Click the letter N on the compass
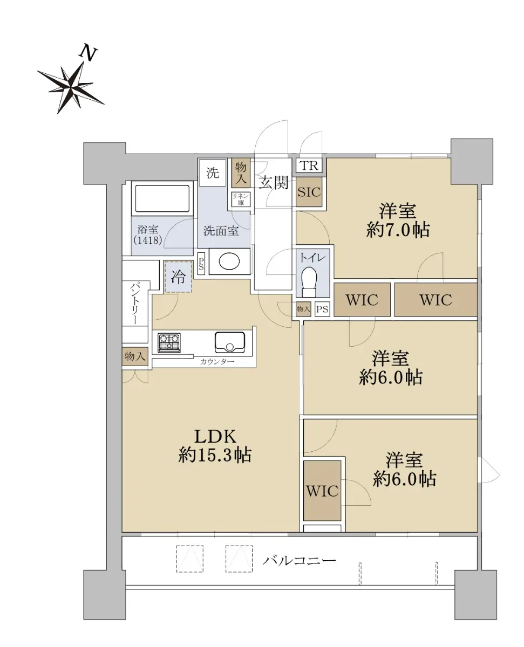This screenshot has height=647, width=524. point(87,53)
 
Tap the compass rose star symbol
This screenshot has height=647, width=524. point(71,87)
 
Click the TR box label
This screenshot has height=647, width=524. point(309,166)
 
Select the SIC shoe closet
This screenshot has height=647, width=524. point(309,192)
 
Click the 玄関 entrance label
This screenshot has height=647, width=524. point(273,183)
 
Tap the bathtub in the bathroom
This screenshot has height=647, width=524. point(162,198)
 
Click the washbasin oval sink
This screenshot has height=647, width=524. point(229,261)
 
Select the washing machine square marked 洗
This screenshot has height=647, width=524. point(213,173)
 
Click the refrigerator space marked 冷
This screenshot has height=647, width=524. point(178,277)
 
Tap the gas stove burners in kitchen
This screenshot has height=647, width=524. point(169,343)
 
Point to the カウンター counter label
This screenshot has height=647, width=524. point(217,362)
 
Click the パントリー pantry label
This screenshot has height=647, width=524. point(135,304)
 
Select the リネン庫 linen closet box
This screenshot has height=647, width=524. point(241,199)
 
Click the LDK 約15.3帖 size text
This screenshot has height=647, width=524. point(215,446)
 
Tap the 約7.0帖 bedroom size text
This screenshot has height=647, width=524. point(398,230)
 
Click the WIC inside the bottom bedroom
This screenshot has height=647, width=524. point(322,491)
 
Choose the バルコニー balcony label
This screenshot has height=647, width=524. point(299,560)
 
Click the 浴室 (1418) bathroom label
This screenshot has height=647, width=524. point(148,235)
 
